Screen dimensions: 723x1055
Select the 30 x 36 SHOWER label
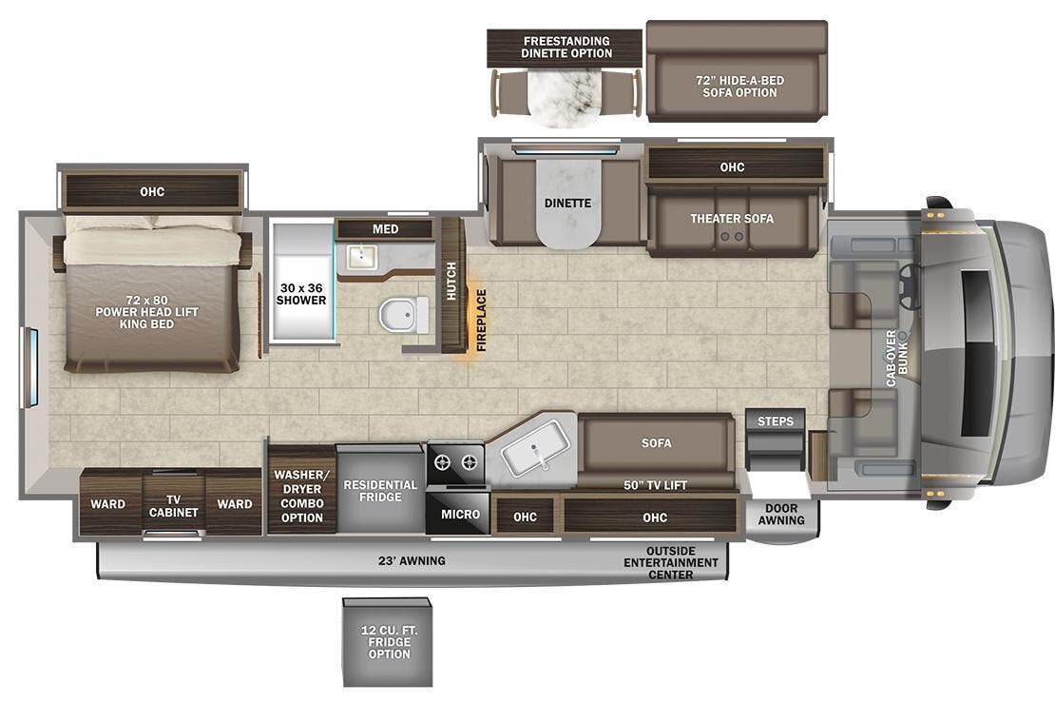click(x=301, y=293)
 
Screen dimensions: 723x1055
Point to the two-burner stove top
click(x=454, y=464)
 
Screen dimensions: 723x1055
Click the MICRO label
click(x=460, y=514)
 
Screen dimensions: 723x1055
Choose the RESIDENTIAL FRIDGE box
click(x=380, y=491)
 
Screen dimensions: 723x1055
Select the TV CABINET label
click(x=174, y=505)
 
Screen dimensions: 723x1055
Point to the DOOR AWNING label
click(x=781, y=515)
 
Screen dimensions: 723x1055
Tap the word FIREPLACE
click(x=481, y=321)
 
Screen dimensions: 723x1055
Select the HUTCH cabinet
click(x=451, y=281)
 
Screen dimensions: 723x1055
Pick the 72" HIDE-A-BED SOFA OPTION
click(x=737, y=86)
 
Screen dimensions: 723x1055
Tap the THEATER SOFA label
click(x=732, y=219)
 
